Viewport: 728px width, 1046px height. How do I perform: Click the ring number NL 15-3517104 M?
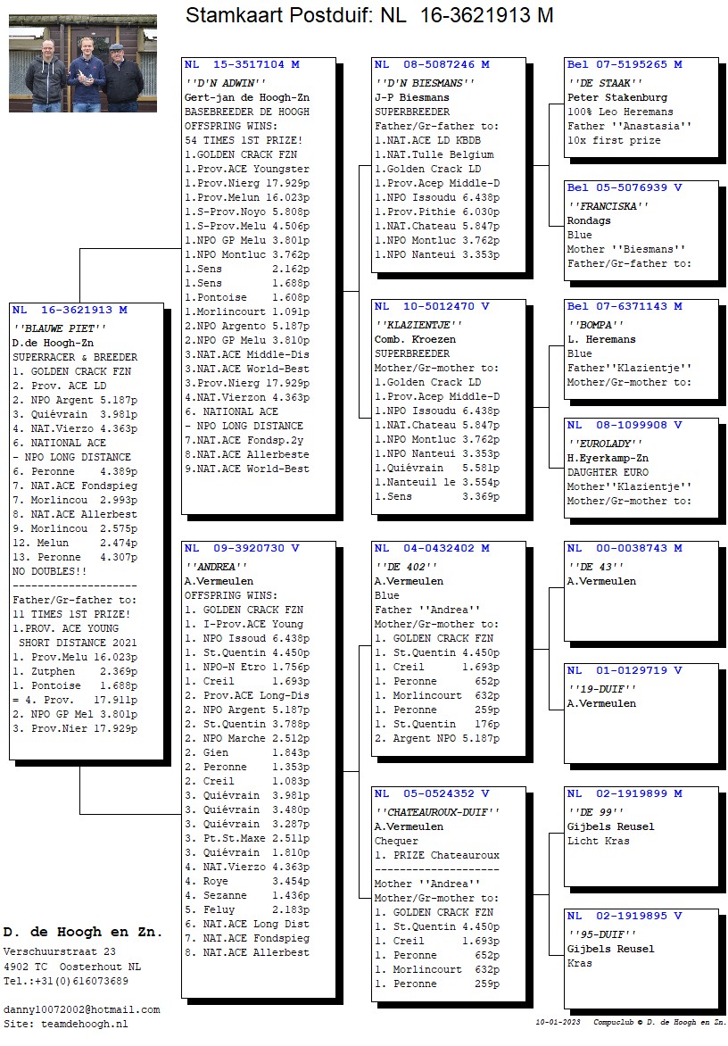click(x=242, y=65)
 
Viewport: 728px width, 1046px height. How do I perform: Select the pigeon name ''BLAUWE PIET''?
click(x=60, y=328)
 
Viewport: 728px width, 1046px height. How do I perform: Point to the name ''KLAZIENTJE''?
click(x=418, y=325)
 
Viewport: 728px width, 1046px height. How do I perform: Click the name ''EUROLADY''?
click(x=606, y=444)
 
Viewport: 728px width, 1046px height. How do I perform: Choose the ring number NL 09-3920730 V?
click(x=242, y=548)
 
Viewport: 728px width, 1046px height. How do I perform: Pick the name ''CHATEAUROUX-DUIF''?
click(x=437, y=812)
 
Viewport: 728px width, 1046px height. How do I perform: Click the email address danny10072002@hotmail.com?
click(x=82, y=1010)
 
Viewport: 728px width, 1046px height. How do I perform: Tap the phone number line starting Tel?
click(x=66, y=981)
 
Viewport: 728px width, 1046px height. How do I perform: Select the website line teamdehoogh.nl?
click(x=66, y=1024)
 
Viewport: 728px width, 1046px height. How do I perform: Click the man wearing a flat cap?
click(x=121, y=76)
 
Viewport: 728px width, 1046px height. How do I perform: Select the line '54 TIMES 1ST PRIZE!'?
click(x=244, y=140)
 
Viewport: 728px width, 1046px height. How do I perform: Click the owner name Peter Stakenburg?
click(x=617, y=97)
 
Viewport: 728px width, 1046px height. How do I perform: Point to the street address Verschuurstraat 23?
click(x=60, y=952)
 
